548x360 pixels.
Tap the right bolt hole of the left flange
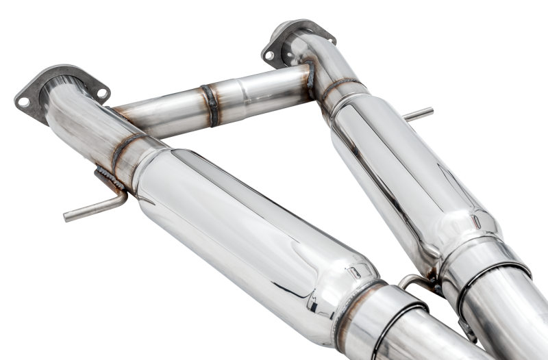tap(101, 92)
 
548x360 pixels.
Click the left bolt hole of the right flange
tap(270, 55)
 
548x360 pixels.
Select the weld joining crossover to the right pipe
tap(310, 79)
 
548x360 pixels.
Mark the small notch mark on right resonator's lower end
tap(475, 222)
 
